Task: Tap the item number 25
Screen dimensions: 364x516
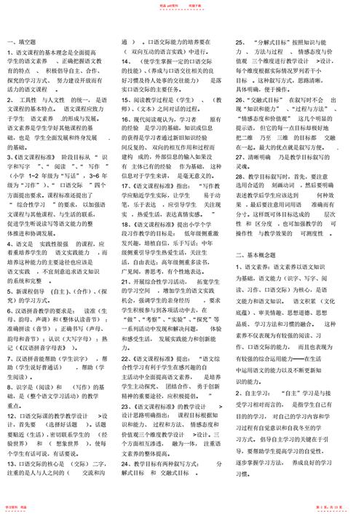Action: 240,43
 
